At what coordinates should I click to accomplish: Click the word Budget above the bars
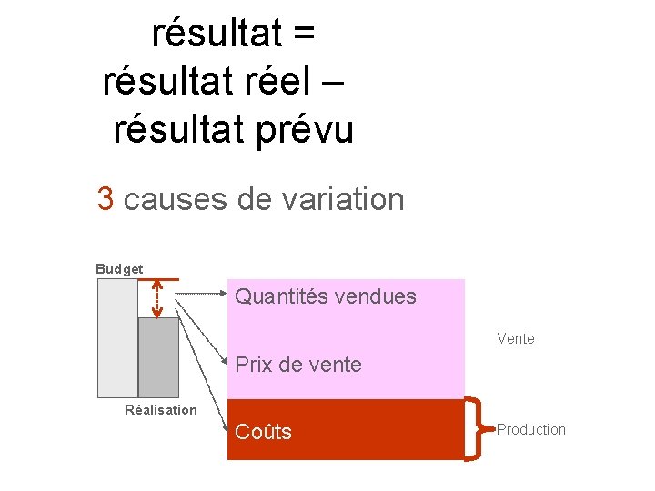pyautogui.click(x=119, y=269)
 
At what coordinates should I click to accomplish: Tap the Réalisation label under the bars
pyautogui.click(x=160, y=410)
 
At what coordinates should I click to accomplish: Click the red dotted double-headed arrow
pyautogui.click(x=157, y=299)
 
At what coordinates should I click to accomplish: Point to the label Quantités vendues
pyautogui.click(x=326, y=296)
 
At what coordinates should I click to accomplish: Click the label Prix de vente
pyautogui.click(x=298, y=366)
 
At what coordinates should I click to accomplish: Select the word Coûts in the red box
pyautogui.click(x=263, y=432)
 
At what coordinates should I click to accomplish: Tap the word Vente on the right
pyautogui.click(x=516, y=339)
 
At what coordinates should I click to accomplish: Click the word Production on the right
pyautogui.click(x=531, y=429)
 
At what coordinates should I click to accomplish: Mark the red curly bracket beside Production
pyautogui.click(x=476, y=429)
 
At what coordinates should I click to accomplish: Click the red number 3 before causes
pyautogui.click(x=106, y=198)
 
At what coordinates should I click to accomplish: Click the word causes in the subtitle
pyautogui.click(x=175, y=198)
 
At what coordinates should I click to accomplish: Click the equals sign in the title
pyautogui.click(x=304, y=34)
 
